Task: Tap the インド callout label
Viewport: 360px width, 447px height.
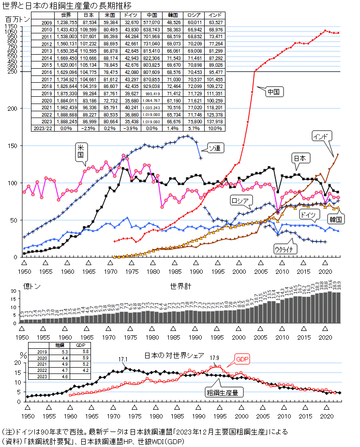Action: [322, 136]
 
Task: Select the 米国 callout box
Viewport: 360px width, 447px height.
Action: [80, 152]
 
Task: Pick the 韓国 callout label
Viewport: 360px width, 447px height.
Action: [336, 219]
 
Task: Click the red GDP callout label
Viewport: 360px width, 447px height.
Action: [242, 359]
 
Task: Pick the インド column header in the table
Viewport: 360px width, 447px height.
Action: [215, 15]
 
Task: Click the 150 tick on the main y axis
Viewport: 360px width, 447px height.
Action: [13, 146]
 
